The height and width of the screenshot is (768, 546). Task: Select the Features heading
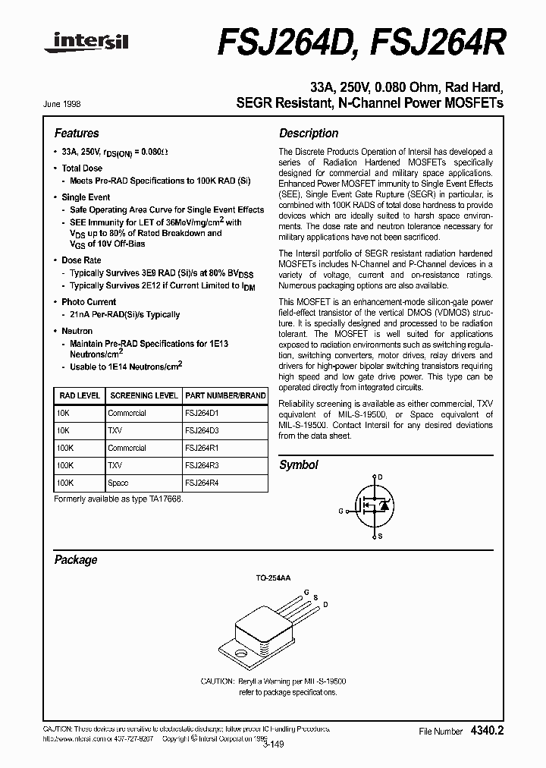click(77, 133)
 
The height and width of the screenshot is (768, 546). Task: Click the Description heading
click(309, 133)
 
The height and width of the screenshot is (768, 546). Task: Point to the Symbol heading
click(299, 464)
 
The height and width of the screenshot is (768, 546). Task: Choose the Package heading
click(76, 559)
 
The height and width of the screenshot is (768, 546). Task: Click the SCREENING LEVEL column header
click(144, 395)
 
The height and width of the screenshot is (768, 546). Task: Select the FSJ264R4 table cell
click(202, 483)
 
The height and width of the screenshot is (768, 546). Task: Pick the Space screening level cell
click(118, 483)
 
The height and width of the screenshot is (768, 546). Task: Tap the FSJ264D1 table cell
click(202, 414)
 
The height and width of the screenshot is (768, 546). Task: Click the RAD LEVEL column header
click(79, 395)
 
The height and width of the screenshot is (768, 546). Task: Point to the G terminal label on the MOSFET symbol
click(341, 511)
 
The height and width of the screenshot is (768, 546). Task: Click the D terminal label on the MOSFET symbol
click(380, 477)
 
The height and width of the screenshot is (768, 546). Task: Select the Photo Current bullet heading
click(89, 302)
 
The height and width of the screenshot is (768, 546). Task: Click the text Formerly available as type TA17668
click(118, 499)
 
